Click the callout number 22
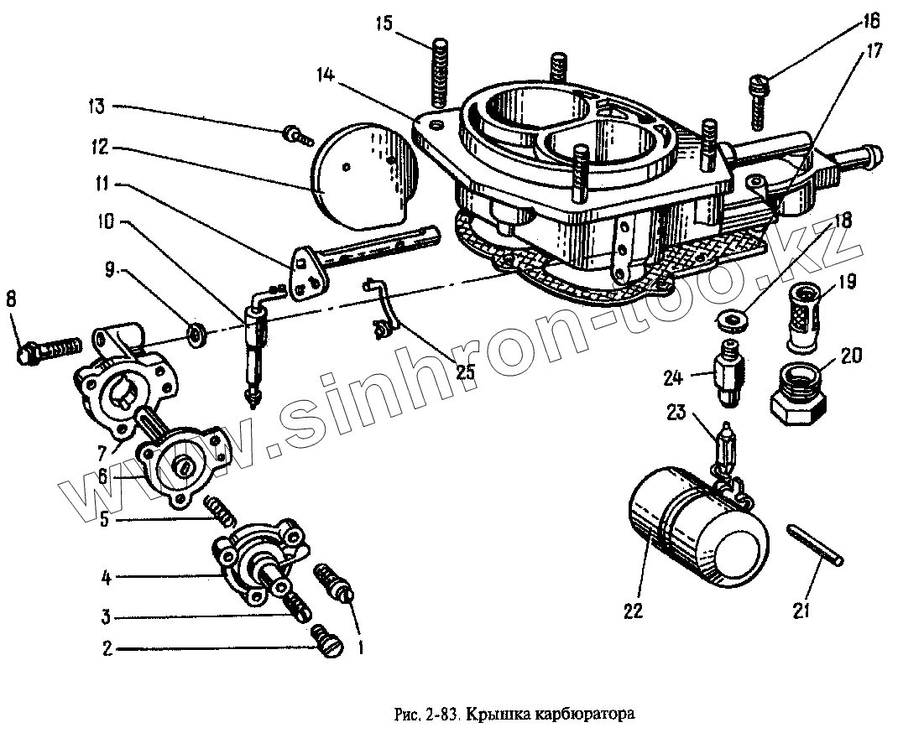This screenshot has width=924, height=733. [x=633, y=611]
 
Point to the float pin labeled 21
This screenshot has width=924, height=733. [x=817, y=546]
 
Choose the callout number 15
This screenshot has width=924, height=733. [x=384, y=22]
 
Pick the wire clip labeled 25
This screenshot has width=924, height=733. [x=383, y=310]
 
